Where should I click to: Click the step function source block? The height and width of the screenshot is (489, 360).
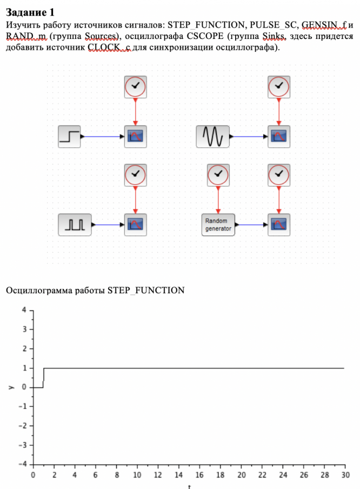[x=69, y=136]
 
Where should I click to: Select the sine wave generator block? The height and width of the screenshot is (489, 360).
[x=212, y=136]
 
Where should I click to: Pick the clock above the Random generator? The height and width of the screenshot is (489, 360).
[x=218, y=175]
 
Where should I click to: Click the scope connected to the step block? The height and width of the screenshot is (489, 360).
[x=135, y=136]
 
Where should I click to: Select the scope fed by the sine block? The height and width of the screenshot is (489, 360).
[x=278, y=136]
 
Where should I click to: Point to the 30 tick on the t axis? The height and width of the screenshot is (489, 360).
[x=344, y=475]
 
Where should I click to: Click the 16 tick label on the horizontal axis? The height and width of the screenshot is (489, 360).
[x=199, y=475]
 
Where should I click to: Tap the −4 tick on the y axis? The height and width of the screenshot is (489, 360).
[x=22, y=465]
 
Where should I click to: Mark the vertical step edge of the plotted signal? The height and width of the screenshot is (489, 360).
[x=43, y=378]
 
